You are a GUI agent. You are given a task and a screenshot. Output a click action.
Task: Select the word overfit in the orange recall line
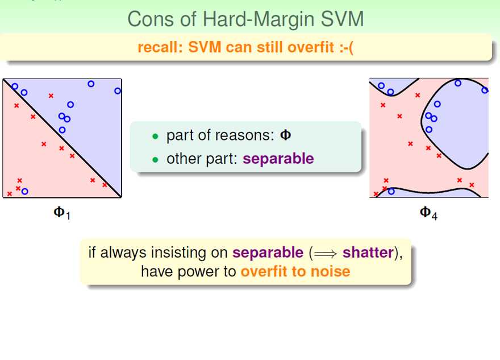[311, 47]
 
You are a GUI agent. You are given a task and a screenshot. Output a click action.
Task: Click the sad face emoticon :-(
[345, 48]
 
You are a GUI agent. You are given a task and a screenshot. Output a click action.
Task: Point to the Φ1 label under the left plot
[62, 213]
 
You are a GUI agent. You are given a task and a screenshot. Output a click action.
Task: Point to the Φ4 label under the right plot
[428, 213]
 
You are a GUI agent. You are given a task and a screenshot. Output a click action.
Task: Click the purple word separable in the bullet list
[278, 159]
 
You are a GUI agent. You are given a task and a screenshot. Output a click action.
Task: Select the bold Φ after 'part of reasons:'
[285, 135]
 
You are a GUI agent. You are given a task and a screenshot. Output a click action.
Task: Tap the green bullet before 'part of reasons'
[155, 136]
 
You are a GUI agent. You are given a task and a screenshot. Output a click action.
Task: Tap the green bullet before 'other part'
[155, 160]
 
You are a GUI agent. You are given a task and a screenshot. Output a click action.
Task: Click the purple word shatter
[368, 253]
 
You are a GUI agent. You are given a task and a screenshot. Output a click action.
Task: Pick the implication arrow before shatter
[325, 254]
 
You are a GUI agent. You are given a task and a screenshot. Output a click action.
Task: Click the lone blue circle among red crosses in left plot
[24, 191]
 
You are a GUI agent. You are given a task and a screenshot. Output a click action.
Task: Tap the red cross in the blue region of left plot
[51, 96]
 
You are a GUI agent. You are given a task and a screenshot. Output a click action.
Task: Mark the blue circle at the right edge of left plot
[118, 91]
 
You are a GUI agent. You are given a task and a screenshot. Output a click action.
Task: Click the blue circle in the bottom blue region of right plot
[391, 191]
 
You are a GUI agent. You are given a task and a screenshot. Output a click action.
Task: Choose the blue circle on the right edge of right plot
[485, 90]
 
